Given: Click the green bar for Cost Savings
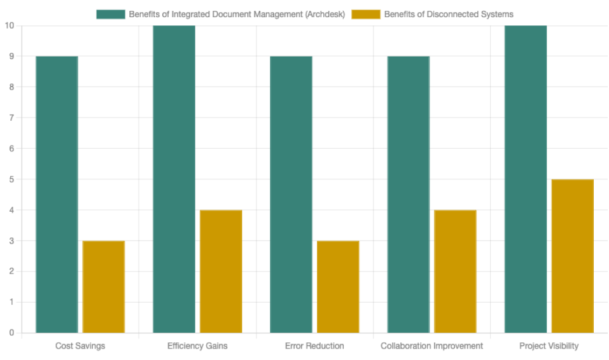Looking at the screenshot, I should point(57,194).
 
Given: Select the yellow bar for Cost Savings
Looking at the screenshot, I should point(104,286).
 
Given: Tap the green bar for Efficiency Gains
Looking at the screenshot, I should point(174,179).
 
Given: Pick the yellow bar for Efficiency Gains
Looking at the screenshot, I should point(221,271).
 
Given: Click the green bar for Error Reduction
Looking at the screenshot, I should point(291,194).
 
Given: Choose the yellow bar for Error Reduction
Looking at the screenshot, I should point(338,286).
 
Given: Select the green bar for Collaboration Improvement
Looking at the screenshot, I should point(409,194).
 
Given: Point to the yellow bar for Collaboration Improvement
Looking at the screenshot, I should point(455,271).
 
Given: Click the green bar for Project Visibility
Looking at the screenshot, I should point(526,179).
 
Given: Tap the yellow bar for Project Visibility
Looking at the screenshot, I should point(573,256).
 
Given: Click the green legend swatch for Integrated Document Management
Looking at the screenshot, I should point(111,14).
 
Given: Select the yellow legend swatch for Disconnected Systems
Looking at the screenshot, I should point(366,14).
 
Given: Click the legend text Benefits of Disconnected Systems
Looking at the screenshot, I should point(449,14).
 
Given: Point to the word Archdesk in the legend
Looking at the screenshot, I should point(325,14).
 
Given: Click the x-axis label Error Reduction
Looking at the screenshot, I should point(314,346).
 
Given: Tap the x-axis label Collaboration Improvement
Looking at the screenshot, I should point(431,346).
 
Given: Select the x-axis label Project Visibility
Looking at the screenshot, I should point(549,346).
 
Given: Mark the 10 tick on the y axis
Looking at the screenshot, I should point(9,25).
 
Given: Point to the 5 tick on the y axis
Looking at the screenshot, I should point(11,179).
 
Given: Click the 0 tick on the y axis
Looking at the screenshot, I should point(11,333).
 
